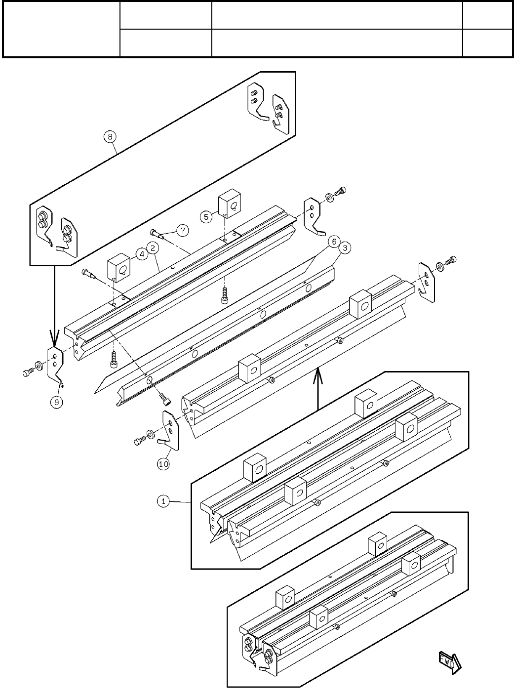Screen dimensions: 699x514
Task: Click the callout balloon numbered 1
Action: click(x=163, y=501)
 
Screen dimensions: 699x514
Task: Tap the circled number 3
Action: click(x=344, y=248)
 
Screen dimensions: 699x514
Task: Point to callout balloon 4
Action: click(x=141, y=255)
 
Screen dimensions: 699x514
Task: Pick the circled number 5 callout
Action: click(x=206, y=216)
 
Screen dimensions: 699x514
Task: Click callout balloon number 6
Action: click(x=333, y=242)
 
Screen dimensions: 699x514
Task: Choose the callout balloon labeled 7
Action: click(x=183, y=230)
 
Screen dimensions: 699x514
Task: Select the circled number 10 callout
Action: click(x=163, y=464)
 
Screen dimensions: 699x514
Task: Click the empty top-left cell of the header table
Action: click(x=62, y=29)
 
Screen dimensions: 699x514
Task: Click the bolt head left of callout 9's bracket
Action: click(x=27, y=373)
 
